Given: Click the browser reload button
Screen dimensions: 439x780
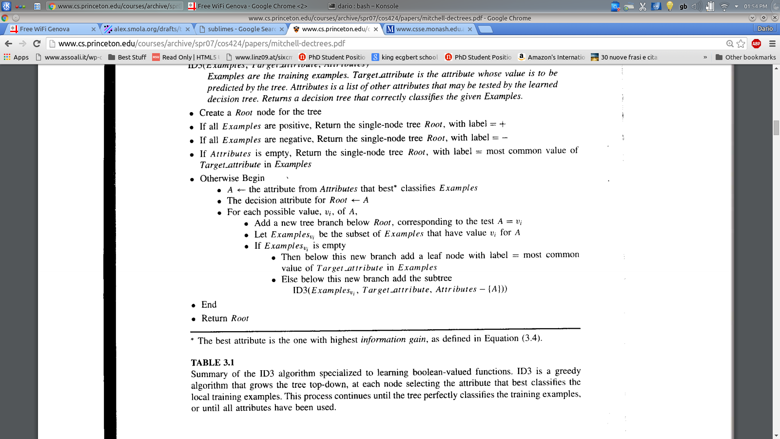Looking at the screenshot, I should coord(37,44).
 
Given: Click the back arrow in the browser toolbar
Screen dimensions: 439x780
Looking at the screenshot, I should coord(8,44).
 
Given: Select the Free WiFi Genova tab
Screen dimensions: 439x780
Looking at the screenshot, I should coord(45,29).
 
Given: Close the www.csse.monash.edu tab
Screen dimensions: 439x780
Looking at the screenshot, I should coord(470,29).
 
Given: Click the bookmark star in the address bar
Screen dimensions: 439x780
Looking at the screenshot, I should coord(741,44).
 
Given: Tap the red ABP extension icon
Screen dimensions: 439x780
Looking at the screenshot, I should coord(756,44).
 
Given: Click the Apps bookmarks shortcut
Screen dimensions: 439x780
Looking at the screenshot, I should coord(17,57).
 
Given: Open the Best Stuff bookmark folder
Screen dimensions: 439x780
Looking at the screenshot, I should coord(127,57).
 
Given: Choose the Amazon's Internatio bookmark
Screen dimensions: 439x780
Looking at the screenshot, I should coord(551,57).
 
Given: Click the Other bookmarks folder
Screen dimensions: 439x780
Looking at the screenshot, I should coord(746,57).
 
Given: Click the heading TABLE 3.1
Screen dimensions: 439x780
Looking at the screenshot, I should coord(213,362).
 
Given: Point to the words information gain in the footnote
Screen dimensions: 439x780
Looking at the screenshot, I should coord(393,339).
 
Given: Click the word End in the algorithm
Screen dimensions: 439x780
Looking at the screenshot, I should coord(209,305).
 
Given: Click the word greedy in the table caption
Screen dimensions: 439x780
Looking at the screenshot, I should coord(567,371).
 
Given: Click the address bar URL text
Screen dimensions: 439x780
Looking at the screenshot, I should coord(202,44).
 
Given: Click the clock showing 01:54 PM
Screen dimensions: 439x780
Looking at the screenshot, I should coord(755,6).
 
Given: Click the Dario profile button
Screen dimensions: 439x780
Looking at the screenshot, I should coord(765,29).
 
